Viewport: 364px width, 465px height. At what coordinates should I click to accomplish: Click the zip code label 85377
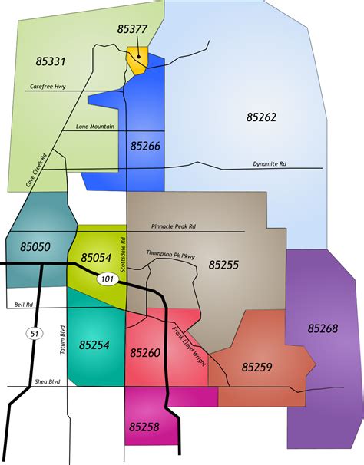point(133,29)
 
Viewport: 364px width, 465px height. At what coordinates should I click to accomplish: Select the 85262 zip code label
point(261,117)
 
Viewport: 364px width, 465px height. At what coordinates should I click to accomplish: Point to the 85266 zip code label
point(146,145)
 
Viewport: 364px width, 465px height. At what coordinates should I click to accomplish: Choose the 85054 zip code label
point(96,257)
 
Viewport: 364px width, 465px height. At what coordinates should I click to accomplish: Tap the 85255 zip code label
point(223,265)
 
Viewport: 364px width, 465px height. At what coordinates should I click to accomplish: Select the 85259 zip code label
point(256,368)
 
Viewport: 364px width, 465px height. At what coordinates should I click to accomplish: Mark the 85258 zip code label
point(146,424)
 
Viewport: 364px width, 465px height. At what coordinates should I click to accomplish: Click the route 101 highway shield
point(106,280)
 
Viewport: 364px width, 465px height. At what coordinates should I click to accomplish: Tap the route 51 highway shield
point(33,333)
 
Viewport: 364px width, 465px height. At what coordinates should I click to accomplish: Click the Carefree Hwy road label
point(48,87)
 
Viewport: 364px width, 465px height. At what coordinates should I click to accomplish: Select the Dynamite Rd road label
point(270,163)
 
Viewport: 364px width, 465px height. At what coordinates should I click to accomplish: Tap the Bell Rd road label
point(24,305)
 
